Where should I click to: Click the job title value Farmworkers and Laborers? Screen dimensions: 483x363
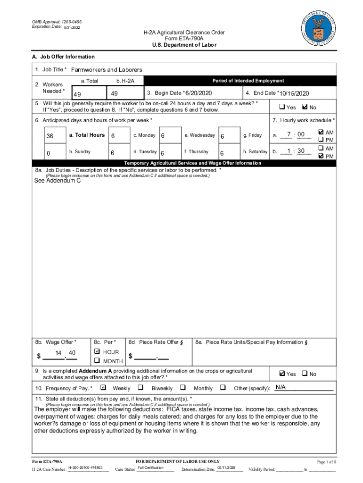[107, 70]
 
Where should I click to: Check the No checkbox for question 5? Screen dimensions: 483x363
[304, 107]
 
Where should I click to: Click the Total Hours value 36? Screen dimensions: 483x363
[50, 136]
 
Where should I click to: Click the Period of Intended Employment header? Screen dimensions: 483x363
[248, 81]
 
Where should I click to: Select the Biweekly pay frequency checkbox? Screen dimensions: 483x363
[140, 388]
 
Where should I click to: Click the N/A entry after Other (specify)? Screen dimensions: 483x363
[281, 387]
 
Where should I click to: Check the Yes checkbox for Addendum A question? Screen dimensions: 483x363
[282, 374]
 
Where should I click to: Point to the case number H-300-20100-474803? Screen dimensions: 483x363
[85, 467]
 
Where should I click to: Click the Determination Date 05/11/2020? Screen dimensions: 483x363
[227, 467]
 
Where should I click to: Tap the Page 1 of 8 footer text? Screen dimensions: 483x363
[325, 461]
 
